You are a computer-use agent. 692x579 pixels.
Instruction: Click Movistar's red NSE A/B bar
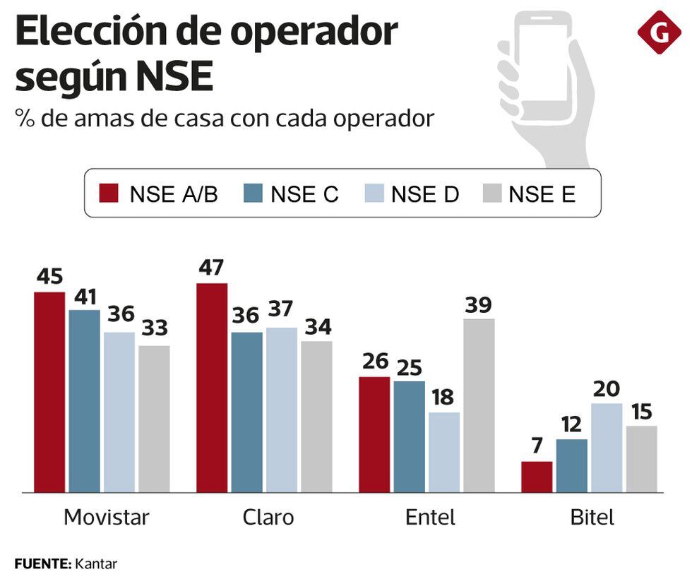pos(49,392)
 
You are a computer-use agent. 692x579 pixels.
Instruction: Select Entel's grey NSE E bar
pos(479,405)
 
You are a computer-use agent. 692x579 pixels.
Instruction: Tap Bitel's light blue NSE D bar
pos(607,448)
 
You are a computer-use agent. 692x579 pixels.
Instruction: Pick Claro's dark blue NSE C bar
pos(246,412)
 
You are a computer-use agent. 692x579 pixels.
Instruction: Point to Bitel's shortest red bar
pos(537,477)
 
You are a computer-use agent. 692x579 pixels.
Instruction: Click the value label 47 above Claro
pos(211,268)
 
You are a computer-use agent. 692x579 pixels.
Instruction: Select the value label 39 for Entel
pos(479,305)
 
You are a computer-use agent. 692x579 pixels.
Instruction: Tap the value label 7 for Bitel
pos(537,447)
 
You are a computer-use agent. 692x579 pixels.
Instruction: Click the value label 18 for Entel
pos(444,398)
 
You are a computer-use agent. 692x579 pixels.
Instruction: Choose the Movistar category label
pos(107,518)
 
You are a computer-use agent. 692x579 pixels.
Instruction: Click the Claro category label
pos(268,518)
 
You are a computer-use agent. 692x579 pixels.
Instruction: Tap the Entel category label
pos(430,518)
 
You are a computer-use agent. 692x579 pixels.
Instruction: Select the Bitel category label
pos(592,518)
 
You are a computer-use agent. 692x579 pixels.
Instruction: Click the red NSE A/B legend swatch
pos(109,193)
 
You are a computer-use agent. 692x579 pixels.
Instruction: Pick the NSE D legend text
pos(425,193)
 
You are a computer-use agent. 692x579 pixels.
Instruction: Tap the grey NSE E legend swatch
pos(491,193)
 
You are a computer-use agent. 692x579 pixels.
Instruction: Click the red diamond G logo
pos(659,32)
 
